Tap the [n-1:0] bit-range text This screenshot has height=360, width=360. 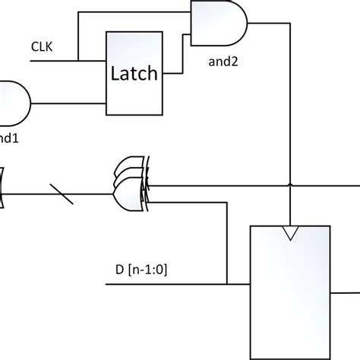144,269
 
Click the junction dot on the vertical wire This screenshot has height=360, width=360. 291,185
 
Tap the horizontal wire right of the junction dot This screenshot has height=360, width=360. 327,185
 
